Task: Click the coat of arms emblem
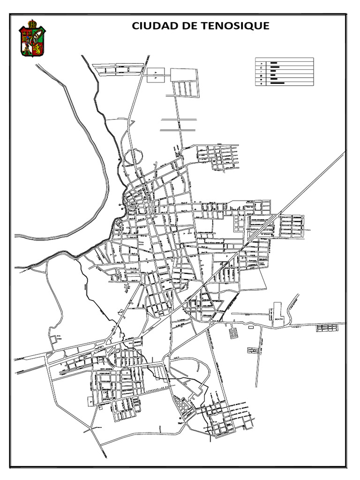32,40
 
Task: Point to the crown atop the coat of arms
32,23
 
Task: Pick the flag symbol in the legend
261,63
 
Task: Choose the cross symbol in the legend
261,83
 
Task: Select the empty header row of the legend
284,59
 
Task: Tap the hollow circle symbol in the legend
261,68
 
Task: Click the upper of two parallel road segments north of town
179,120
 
